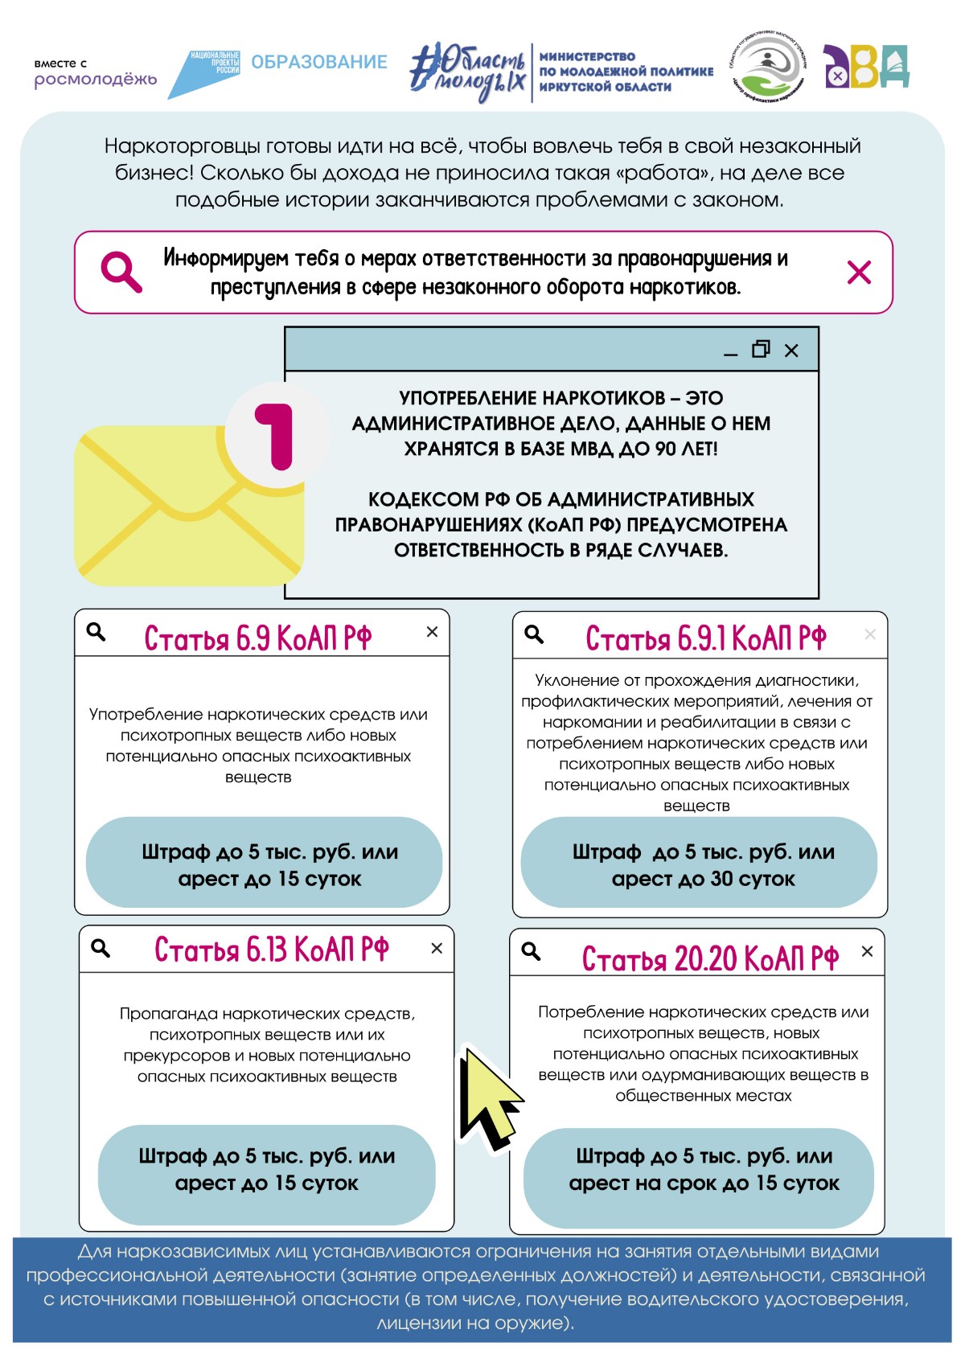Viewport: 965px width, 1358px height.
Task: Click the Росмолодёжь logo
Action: (95, 73)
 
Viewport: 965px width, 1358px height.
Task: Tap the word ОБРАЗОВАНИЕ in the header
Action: (319, 62)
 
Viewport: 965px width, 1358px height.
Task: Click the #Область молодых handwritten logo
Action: (467, 72)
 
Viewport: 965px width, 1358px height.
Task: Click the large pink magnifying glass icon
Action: (121, 272)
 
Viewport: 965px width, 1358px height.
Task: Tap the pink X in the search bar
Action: (859, 273)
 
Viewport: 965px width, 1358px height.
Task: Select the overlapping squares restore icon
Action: (761, 349)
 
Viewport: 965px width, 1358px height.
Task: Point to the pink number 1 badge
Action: (277, 434)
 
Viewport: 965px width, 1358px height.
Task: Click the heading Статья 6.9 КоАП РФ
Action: (257, 638)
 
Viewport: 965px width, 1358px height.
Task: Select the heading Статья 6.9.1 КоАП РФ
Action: (705, 638)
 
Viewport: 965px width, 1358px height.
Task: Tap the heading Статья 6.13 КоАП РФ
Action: (271, 950)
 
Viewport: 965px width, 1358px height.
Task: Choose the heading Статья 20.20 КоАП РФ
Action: (709, 958)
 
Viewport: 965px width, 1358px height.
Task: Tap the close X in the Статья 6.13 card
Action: (437, 949)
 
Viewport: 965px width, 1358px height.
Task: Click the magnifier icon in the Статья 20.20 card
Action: (531, 952)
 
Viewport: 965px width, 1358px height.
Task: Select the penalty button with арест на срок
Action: (698, 1170)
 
